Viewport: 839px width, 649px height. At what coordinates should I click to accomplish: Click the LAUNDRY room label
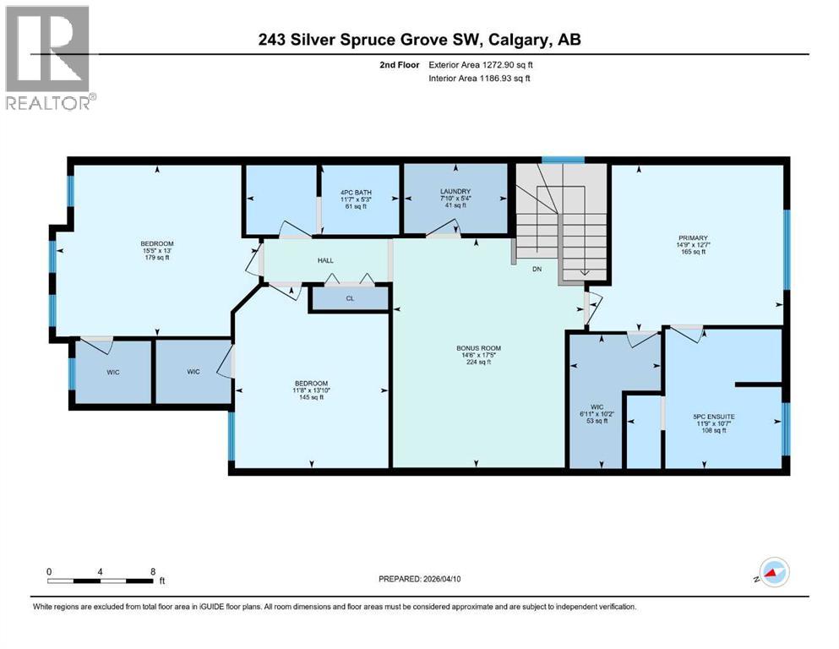pos(455,192)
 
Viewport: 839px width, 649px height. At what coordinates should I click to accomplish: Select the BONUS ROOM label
pos(477,346)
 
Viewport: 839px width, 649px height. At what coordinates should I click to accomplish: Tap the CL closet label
pos(350,297)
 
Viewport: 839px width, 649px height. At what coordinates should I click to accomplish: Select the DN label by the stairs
pos(537,269)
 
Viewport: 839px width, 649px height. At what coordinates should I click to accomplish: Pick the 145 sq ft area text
pos(311,399)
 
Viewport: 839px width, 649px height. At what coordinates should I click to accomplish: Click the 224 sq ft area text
pos(477,362)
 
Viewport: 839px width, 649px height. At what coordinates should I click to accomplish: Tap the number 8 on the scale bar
pos(152,570)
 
